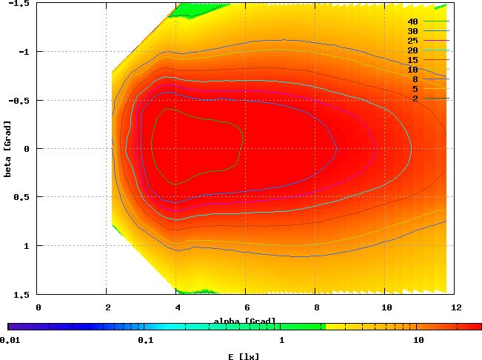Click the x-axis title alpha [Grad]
(x=245, y=321)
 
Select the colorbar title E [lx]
(x=245, y=356)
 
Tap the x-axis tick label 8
(x=317, y=306)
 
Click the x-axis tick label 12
(x=456, y=306)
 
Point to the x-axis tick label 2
(x=108, y=306)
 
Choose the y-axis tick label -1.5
(x=21, y=4)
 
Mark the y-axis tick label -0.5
(x=21, y=100)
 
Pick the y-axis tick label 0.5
(x=25, y=197)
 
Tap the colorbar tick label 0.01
(x=10, y=340)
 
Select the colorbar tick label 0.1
(x=145, y=340)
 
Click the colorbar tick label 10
(x=418, y=340)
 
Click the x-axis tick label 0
(x=39, y=306)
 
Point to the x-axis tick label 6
(x=247, y=306)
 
